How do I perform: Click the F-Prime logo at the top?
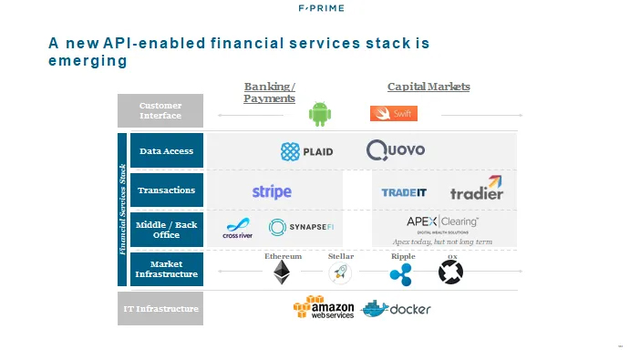[x=320, y=9]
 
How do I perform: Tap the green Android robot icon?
[x=318, y=113]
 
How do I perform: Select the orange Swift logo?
[x=393, y=114]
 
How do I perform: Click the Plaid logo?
[x=306, y=151]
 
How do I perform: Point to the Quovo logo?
[x=395, y=150]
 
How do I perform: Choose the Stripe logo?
[x=272, y=191]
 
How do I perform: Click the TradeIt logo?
[x=405, y=192]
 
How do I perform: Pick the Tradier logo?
[x=477, y=189]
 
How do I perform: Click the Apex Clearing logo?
[x=442, y=223]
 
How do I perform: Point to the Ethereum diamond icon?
[x=283, y=273]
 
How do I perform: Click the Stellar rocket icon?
[x=341, y=273]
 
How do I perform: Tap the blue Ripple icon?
[x=401, y=273]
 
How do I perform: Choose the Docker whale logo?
[x=396, y=309]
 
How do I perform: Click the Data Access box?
[x=166, y=151]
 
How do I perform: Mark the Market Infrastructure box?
[x=166, y=269]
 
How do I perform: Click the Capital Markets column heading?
[x=428, y=87]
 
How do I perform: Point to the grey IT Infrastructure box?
[x=160, y=309]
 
